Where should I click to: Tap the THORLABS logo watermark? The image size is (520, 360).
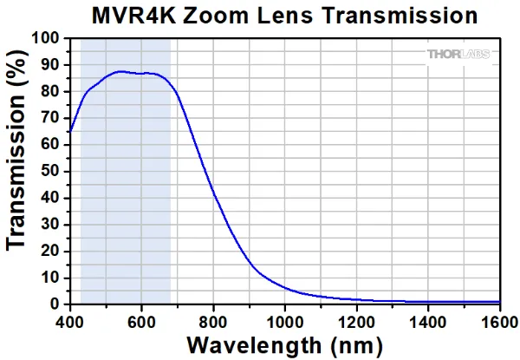pyautogui.click(x=458, y=54)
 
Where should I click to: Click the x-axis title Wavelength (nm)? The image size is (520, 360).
pyautogui.click(x=284, y=344)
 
